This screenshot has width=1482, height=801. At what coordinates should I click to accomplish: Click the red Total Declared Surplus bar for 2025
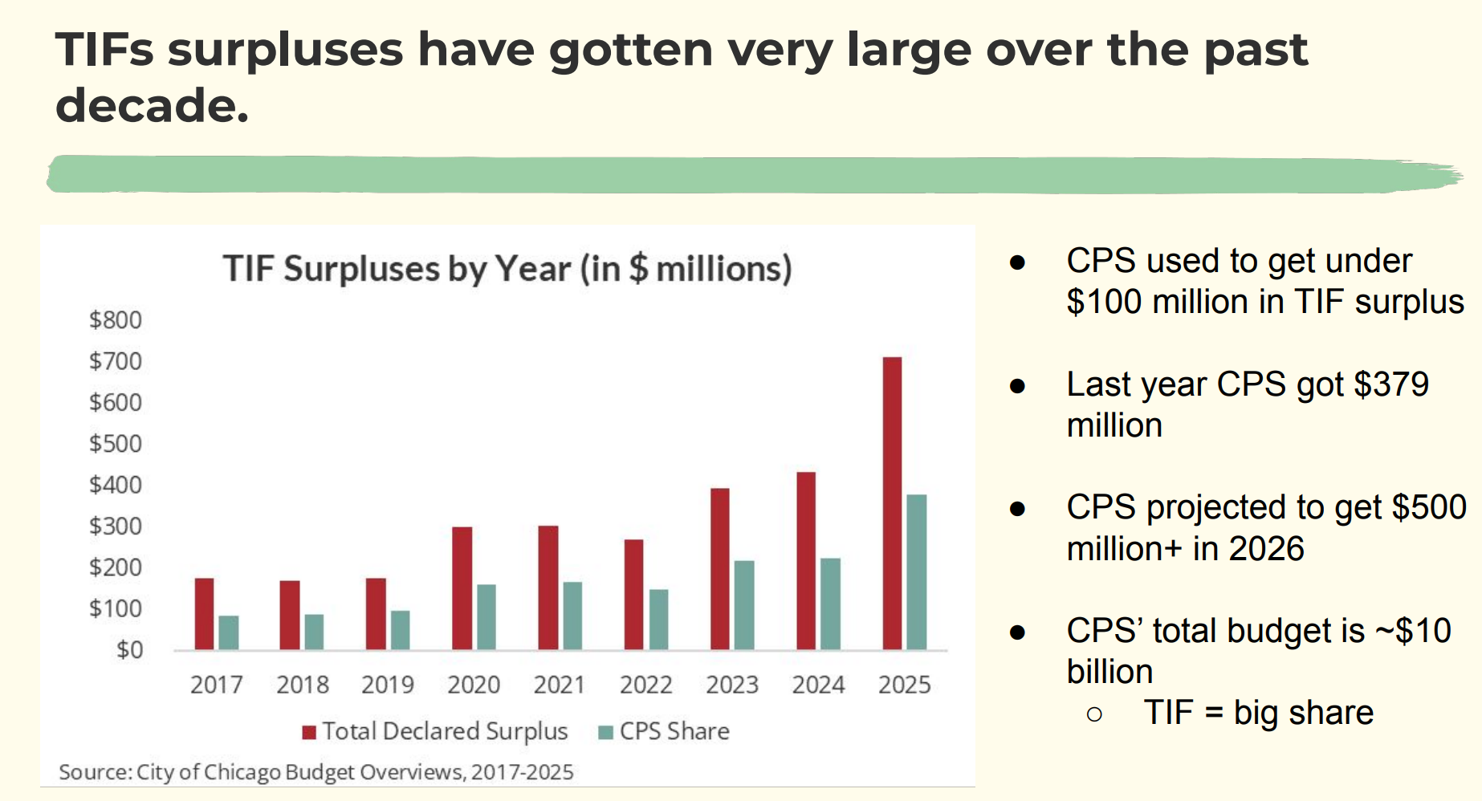point(892,503)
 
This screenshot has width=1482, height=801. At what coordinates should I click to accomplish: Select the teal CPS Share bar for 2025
point(917,571)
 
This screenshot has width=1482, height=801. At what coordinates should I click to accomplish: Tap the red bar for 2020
point(462,588)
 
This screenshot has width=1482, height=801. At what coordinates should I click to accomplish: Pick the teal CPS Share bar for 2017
point(229,632)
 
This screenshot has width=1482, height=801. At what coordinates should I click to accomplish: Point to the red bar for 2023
point(720,569)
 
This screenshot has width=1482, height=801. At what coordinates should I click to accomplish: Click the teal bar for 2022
point(658,620)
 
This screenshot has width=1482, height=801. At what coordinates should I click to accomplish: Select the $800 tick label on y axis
point(116,320)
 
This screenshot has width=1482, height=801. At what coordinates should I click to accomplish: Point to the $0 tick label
point(129,649)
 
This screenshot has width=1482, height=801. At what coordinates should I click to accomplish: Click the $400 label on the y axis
point(116,485)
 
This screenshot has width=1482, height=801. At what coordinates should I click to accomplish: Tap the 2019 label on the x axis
point(388,685)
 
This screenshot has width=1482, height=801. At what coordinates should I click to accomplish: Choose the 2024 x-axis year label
point(818,685)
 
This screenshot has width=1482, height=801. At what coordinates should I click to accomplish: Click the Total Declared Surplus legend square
point(309,732)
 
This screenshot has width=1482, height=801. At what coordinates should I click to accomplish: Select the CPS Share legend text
point(674,731)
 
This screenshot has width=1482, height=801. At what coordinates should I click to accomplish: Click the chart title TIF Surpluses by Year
point(507,269)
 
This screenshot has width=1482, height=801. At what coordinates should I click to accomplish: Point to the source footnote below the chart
point(316,772)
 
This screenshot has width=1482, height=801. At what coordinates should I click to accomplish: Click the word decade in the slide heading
point(151,106)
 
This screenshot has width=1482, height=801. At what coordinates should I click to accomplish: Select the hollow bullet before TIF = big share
point(1094,714)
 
